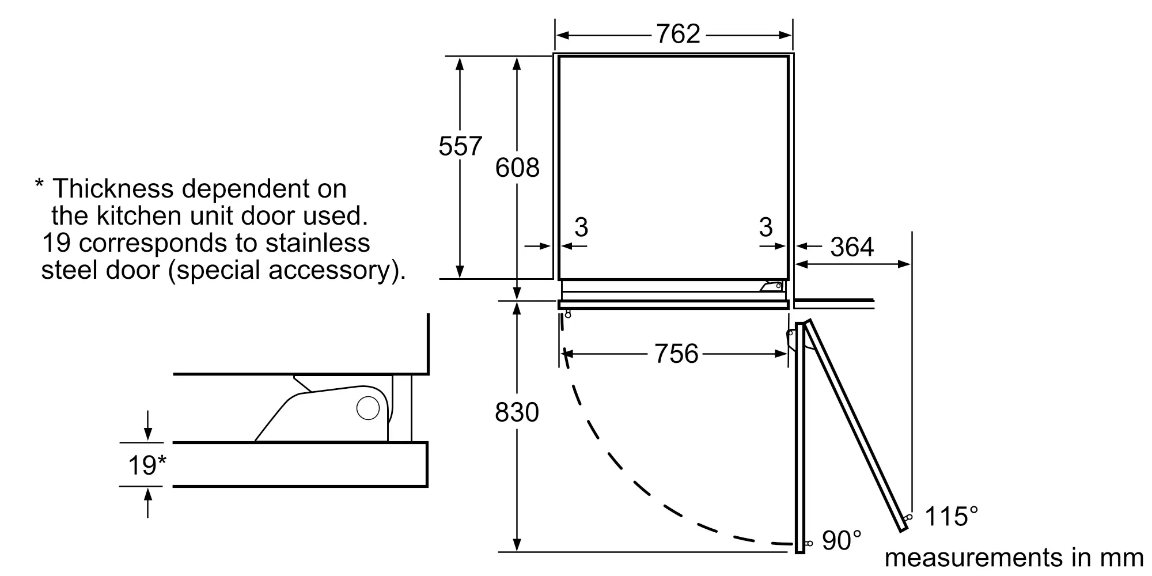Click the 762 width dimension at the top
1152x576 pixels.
678,34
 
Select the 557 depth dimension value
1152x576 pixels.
460,146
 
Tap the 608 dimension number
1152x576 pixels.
517,168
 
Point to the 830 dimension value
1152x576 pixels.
517,412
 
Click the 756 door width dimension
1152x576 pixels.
676,354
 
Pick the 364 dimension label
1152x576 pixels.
852,248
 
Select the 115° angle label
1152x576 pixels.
951,517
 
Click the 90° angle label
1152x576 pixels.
842,541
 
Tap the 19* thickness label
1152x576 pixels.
147,465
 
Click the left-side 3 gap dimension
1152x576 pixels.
581,227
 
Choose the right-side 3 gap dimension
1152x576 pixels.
766,227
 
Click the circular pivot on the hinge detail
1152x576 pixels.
368,408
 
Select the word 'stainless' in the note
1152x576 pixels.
317,242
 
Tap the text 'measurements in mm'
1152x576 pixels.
1014,558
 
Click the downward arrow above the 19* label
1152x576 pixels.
149,426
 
